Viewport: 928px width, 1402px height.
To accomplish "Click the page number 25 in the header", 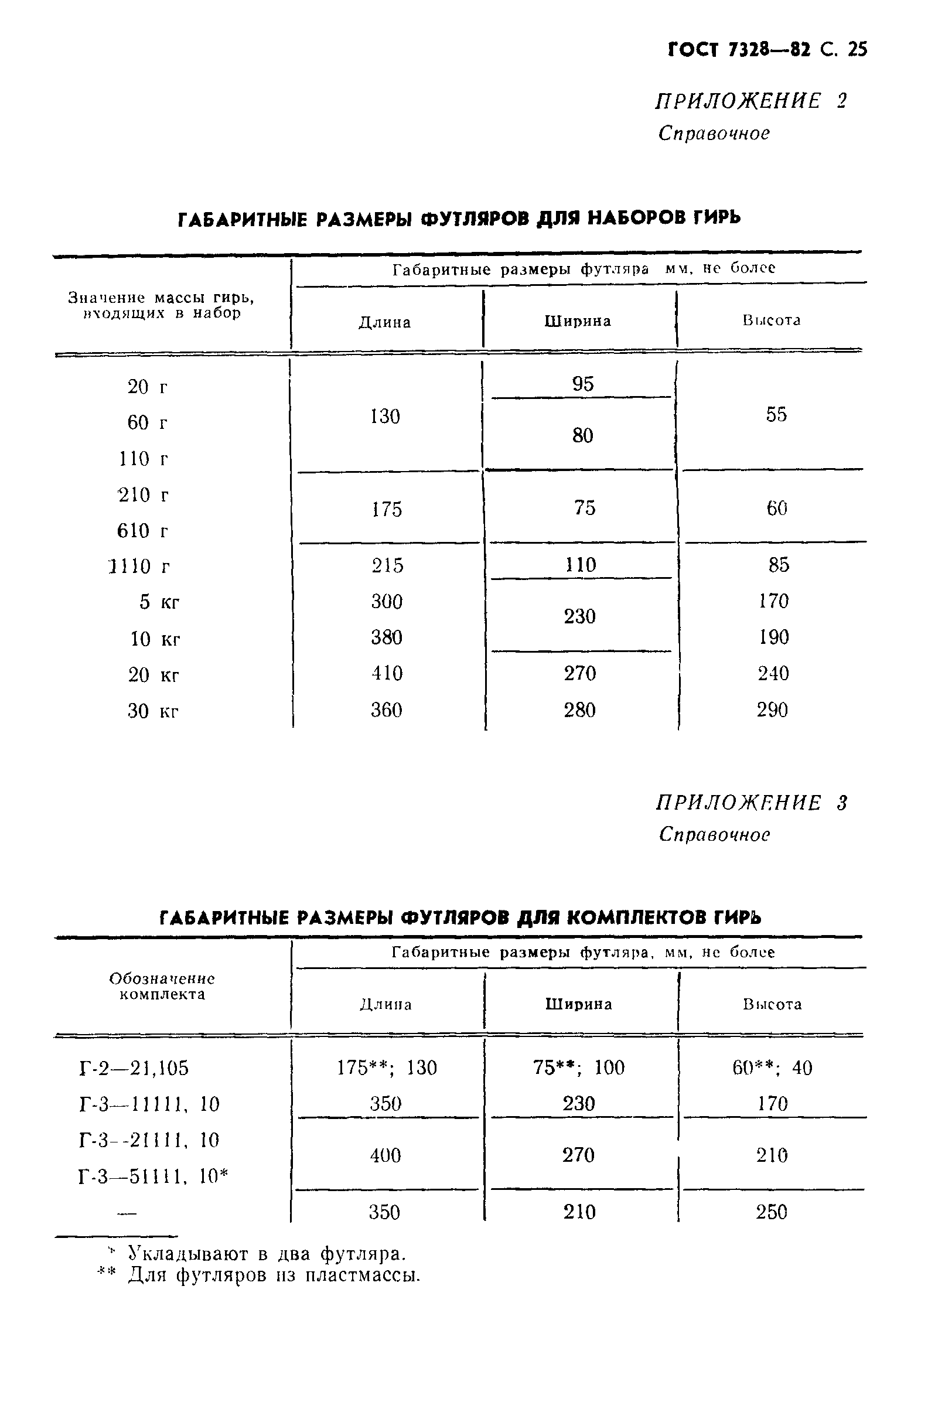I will tap(857, 49).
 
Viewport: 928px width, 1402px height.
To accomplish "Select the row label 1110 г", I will tap(139, 567).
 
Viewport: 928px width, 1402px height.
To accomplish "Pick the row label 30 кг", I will tap(153, 710).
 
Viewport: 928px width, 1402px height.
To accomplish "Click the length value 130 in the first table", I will tap(385, 417).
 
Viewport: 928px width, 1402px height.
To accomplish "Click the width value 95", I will tap(583, 384).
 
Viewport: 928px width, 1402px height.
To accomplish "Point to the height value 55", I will tap(776, 414).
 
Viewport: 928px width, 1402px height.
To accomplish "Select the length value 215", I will tap(388, 565).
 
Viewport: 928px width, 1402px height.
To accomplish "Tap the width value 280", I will tap(579, 709).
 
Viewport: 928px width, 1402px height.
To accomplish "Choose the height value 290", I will tap(772, 709).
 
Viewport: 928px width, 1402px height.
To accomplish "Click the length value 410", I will tap(387, 674).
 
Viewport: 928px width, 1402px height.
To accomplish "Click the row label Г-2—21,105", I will tap(134, 1068).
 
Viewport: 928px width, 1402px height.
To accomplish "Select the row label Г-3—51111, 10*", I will tap(153, 1176).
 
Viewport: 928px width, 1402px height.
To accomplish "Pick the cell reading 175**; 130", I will tap(387, 1067).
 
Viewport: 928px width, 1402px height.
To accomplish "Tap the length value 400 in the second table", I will tap(385, 1155).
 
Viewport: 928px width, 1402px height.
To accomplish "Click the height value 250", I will tap(771, 1212).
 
